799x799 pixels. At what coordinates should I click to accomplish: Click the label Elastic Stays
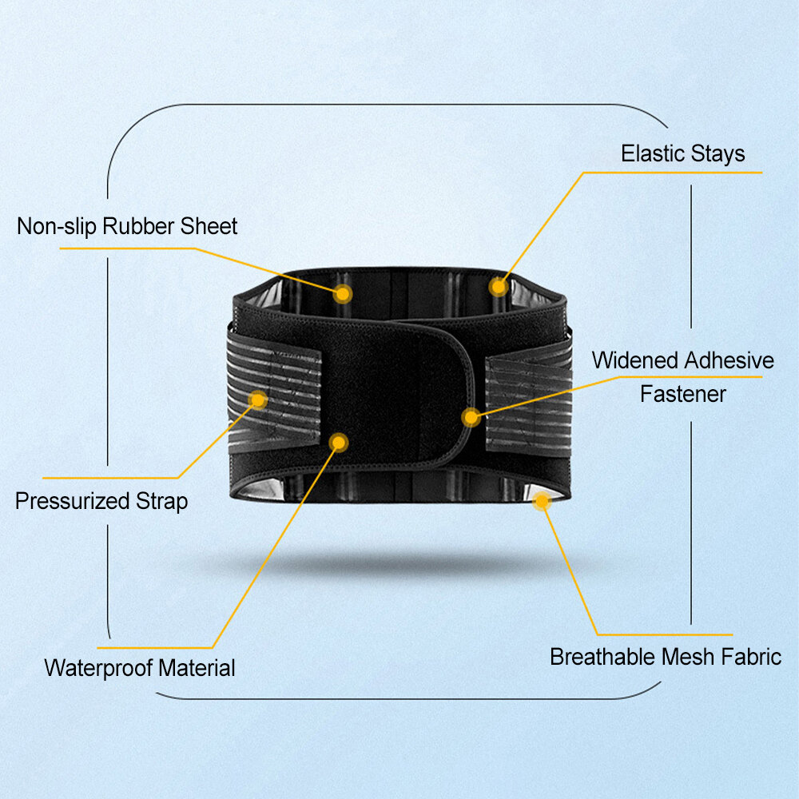pos(683,154)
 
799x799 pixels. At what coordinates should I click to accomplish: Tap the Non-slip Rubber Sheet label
pos(127,226)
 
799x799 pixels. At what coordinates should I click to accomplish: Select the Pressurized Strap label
pos(101,501)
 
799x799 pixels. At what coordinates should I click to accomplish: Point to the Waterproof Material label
pos(140,668)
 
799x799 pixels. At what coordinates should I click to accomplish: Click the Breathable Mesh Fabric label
pos(666,657)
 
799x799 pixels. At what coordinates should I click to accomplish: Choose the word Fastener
pos(683,394)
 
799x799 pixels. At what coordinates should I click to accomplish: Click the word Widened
pos(634,360)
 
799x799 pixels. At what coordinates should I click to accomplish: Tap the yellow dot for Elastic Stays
pos(499,287)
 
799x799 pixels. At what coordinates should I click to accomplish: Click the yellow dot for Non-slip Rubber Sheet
pos(343,293)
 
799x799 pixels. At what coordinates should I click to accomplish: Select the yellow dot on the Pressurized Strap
pos(258,400)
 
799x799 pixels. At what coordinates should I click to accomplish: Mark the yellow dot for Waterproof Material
pos(339,443)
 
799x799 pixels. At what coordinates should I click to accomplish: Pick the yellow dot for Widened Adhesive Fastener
pos(471,417)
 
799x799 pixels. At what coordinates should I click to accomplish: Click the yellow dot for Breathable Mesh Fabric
pos(542,501)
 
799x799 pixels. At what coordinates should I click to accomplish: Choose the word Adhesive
pos(729,360)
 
